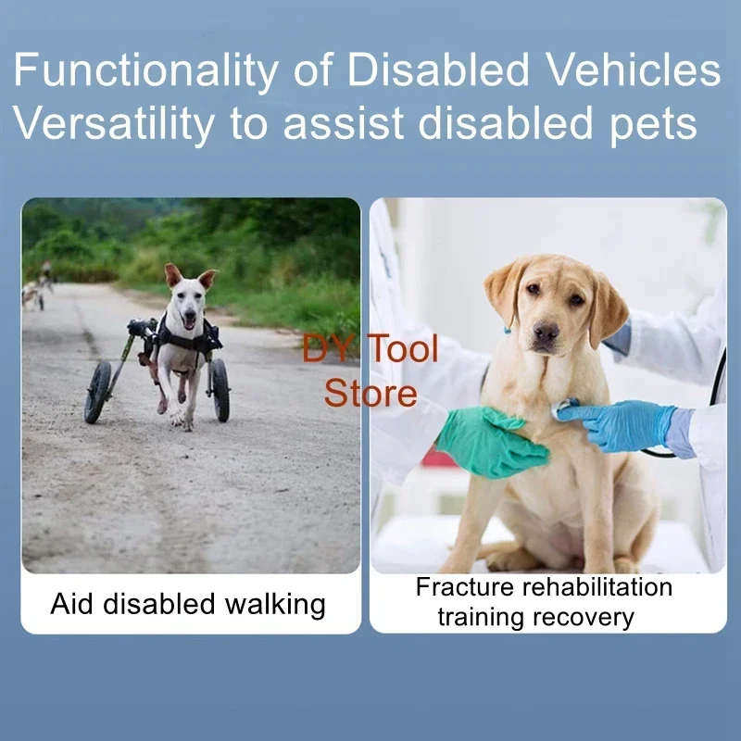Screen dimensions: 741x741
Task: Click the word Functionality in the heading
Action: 145,71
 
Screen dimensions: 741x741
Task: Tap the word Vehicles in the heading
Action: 634,69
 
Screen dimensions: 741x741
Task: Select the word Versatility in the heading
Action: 113,123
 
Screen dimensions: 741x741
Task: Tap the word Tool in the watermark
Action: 403,348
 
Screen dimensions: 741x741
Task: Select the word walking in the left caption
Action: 275,605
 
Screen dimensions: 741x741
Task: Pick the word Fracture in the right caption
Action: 465,587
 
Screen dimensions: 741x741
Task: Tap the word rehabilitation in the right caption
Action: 597,587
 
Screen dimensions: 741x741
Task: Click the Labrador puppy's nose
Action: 546,331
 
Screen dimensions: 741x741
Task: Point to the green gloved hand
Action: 492,443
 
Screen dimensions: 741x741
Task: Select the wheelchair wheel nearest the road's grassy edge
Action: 220,390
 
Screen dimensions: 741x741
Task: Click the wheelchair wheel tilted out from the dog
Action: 98,392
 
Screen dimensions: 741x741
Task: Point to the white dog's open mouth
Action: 189,321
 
